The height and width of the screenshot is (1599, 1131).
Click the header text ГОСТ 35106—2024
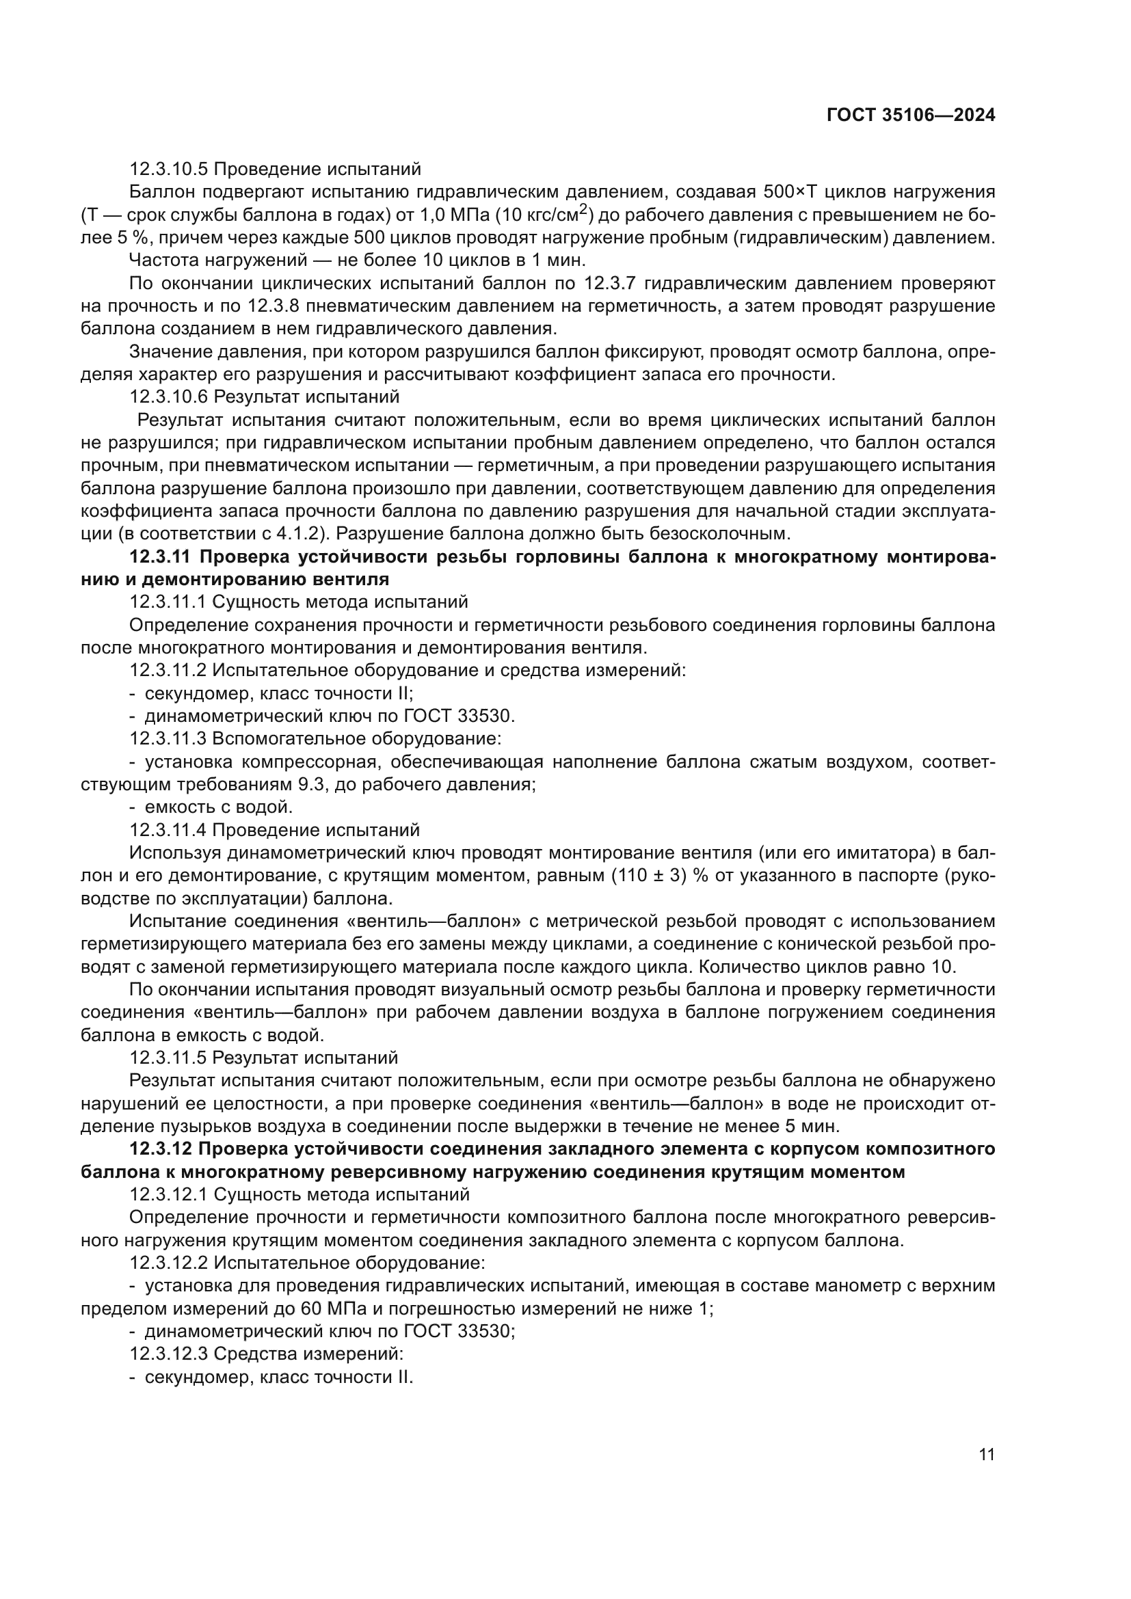pyautogui.click(x=911, y=116)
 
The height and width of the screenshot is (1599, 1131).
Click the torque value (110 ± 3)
pyautogui.click(x=648, y=876)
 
